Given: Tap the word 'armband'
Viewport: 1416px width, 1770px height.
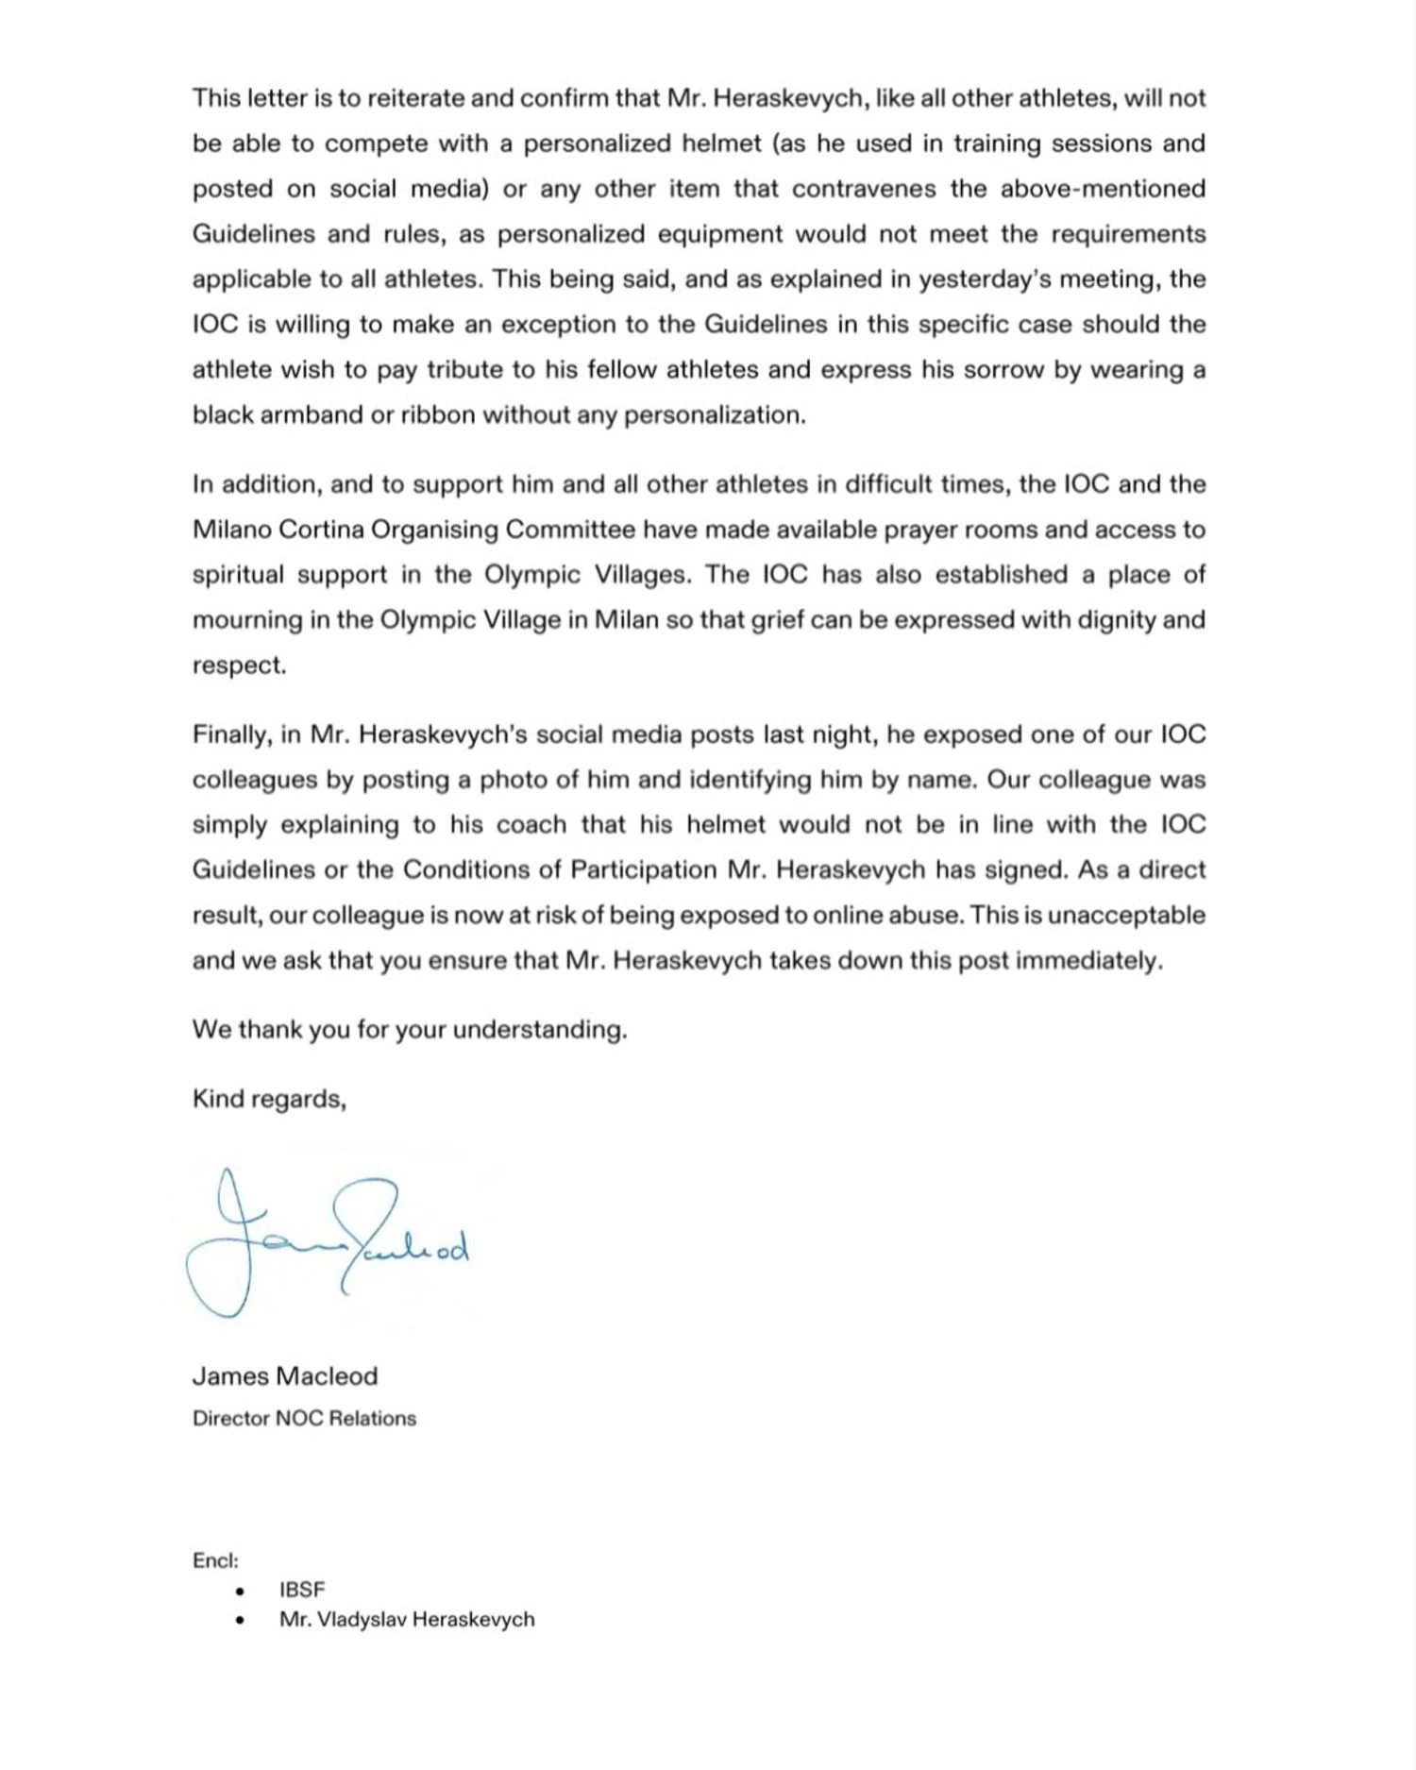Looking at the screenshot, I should coord(311,415).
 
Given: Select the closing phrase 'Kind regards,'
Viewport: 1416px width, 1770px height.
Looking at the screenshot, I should coord(269,1099).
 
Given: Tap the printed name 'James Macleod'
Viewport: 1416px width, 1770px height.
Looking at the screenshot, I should coord(284,1375).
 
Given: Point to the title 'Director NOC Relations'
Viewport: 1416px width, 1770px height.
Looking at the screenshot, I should coord(304,1418).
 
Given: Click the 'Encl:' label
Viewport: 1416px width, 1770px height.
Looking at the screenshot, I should coord(215,1560).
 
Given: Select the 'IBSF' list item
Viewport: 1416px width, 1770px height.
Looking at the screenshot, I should coord(301,1590).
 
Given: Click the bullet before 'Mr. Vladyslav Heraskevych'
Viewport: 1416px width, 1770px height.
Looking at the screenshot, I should coord(241,1620).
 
